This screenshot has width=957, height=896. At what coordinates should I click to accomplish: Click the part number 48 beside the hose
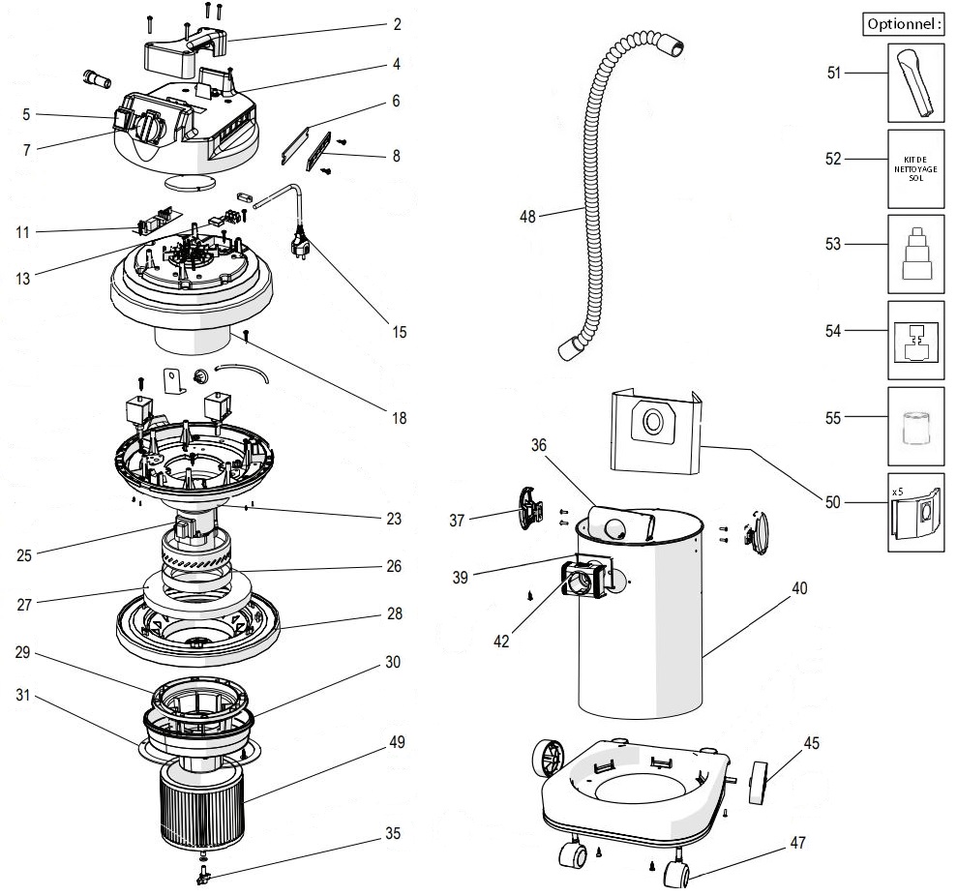[527, 217]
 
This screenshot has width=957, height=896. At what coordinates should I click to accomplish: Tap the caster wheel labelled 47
[676, 876]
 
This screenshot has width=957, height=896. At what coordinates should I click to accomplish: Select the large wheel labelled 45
[758, 783]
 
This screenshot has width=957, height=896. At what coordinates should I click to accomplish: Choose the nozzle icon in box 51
[915, 83]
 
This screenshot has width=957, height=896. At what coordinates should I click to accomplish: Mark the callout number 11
[23, 232]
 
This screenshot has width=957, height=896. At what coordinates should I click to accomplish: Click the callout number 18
[400, 419]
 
